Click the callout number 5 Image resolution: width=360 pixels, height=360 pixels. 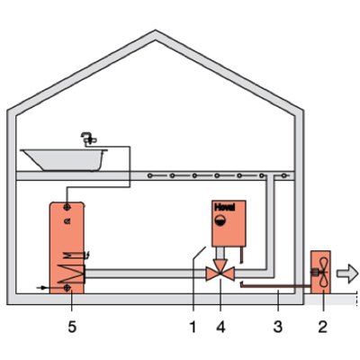coord(72,327)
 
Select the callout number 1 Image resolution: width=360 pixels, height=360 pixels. coord(193,327)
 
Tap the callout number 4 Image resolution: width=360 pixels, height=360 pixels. coord(220,327)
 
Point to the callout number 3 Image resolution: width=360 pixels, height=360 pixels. coord(278,327)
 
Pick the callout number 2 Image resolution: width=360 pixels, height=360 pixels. coord(322,327)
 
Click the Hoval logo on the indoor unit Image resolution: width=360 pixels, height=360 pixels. coord(225,207)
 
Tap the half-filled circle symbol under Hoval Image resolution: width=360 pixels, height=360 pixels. coord(220,220)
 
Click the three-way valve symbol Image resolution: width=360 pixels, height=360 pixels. coord(220,270)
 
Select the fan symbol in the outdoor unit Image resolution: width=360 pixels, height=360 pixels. coord(323,273)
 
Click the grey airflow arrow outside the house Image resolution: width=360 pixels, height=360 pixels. coord(347,273)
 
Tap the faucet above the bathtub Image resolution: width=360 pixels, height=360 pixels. coord(89,139)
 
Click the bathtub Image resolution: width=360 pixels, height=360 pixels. coord(65,159)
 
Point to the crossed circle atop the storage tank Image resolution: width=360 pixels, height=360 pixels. coord(67,207)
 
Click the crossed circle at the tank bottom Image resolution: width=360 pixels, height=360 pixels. coord(67,288)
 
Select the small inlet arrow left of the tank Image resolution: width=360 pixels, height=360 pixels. coord(41,288)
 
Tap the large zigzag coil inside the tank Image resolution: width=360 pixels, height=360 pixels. coord(71,274)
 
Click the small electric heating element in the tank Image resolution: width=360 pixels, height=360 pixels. coord(75,256)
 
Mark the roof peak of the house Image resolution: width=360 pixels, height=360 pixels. coord(156,31)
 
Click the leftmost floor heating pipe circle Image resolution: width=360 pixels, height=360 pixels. coord(149,175)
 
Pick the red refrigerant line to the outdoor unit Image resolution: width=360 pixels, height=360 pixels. coord(275,286)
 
